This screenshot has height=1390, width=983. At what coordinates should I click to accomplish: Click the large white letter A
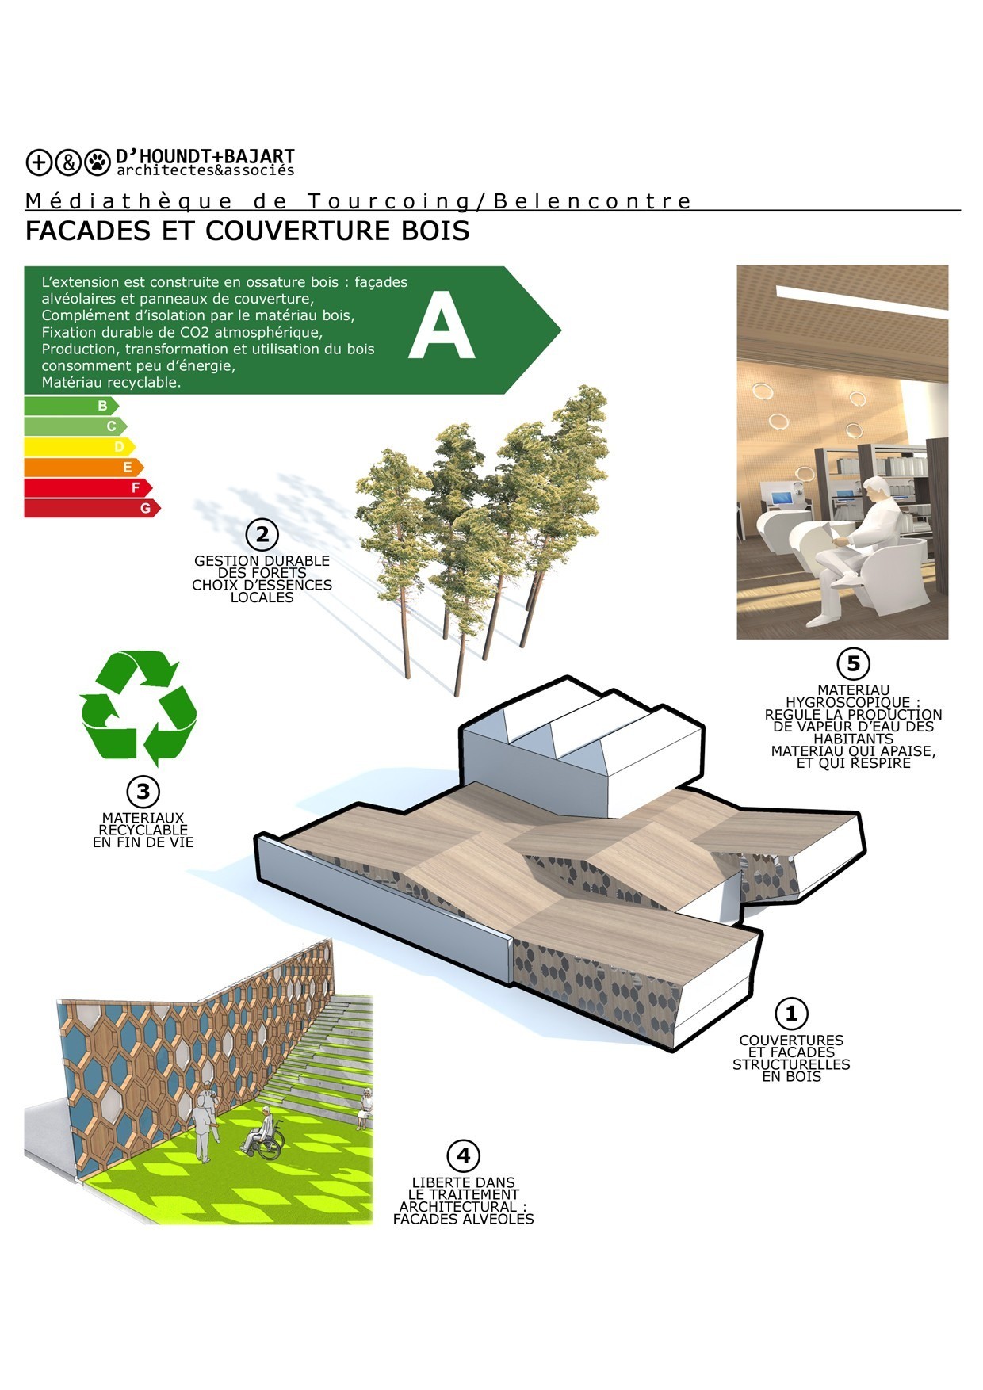[x=442, y=326]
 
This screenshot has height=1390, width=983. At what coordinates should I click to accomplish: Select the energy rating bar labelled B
[x=71, y=406]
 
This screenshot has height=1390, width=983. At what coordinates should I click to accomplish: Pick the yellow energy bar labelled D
[x=79, y=447]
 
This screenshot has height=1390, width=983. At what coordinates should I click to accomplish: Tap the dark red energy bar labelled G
[x=92, y=508]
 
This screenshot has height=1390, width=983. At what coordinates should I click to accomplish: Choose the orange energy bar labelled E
[x=84, y=467]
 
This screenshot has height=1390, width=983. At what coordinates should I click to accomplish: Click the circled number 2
[x=262, y=535]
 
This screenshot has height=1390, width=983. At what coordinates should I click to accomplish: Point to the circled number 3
[x=143, y=791]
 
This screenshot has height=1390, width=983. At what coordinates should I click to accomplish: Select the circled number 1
[x=790, y=1013]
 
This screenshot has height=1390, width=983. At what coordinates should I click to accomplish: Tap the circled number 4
[x=463, y=1155]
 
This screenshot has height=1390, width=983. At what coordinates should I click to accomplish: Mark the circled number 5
[x=853, y=663]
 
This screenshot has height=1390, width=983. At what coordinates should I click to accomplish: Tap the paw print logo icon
[x=98, y=162]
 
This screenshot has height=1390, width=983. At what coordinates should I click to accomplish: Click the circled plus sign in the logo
[x=39, y=162]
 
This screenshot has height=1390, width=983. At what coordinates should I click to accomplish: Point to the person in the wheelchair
[x=263, y=1133]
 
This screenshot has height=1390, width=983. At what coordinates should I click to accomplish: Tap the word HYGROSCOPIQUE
[x=847, y=702]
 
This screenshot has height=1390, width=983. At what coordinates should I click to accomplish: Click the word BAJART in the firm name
[x=259, y=156]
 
